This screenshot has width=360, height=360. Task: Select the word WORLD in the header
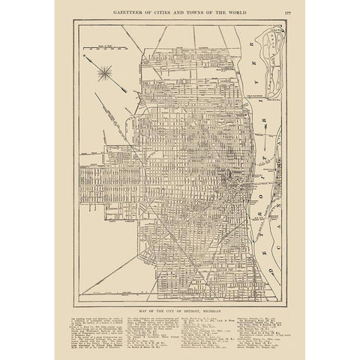[243, 9]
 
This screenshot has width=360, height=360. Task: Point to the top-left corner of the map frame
[73, 20]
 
